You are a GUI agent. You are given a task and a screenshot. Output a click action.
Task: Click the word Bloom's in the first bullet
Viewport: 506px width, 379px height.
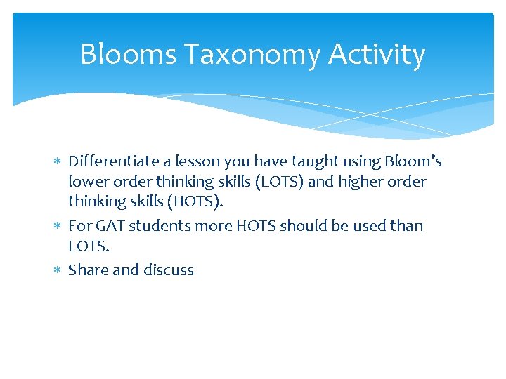pos(413,161)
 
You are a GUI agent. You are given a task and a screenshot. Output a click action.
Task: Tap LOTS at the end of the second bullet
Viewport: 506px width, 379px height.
pos(88,246)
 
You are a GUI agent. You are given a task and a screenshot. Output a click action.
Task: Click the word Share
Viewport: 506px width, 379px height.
pos(87,270)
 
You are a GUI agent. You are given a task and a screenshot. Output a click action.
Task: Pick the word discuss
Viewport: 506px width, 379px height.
pos(169,270)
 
